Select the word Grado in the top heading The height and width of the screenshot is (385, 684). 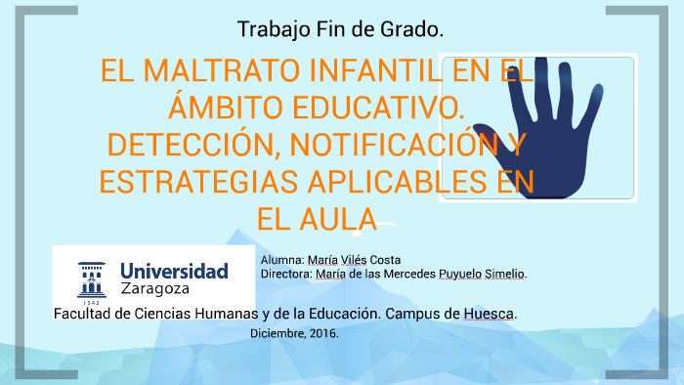click(414, 29)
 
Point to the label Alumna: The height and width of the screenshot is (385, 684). click(282, 260)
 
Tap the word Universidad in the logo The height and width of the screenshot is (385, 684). click(174, 271)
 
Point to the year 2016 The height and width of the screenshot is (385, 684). click(324, 334)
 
